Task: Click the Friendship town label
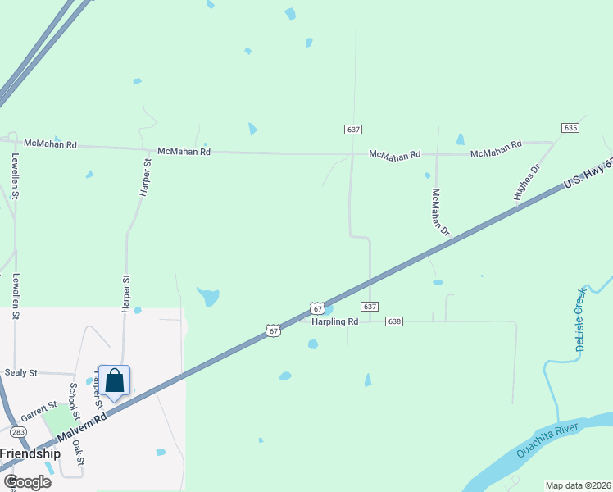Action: [30, 453]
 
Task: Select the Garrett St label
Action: [39, 411]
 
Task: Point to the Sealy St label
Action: [21, 372]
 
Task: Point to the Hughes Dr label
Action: [528, 182]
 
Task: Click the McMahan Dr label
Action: [441, 212]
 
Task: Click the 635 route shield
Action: [571, 128]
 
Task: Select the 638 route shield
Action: [394, 321]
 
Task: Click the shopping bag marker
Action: [115, 380]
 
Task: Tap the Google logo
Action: [26, 482]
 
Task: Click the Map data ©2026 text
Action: [578, 485]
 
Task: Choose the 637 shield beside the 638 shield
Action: [370, 307]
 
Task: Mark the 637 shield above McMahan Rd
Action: [352, 130]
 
